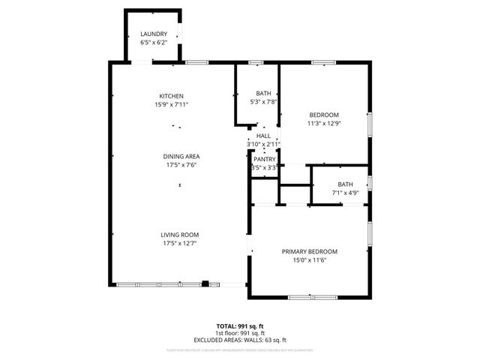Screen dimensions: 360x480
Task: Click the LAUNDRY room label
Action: [x=153, y=34]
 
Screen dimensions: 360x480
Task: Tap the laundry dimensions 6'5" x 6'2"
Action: [x=153, y=43]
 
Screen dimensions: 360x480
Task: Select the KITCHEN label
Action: [x=171, y=96]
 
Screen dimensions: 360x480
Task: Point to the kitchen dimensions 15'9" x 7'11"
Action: [x=171, y=105]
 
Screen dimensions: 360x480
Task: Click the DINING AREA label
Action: [x=181, y=157]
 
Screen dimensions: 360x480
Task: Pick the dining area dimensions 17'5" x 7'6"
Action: [x=181, y=166]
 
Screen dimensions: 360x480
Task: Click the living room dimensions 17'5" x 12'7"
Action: [x=180, y=244]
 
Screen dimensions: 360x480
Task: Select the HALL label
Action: [x=263, y=136]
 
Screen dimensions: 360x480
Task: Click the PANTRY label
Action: [x=264, y=159]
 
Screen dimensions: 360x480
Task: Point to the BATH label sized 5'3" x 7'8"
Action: [x=263, y=93]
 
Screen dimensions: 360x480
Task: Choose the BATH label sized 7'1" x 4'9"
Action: [x=345, y=184]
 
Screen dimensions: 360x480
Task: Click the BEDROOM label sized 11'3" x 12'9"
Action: [x=323, y=115]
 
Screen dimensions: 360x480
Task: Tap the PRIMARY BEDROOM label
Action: [x=309, y=251]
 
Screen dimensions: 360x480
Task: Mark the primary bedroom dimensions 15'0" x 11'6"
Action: [x=309, y=260]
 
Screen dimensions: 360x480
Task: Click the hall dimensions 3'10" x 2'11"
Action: [x=263, y=144]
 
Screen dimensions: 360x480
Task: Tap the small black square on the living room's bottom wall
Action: [x=205, y=284]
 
